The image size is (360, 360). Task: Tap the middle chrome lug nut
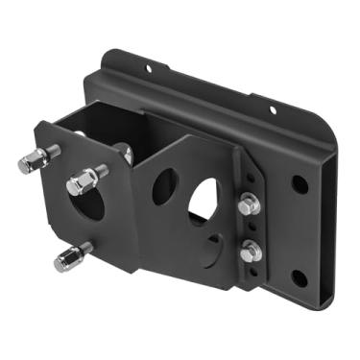[x=83, y=180]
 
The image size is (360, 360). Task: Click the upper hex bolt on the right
[x=248, y=205]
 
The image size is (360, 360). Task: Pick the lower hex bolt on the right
[x=251, y=252]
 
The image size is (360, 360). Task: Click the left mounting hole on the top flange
[x=148, y=68]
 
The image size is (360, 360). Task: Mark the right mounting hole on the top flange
[x=273, y=110]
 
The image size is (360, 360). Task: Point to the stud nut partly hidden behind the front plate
[x=125, y=152]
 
